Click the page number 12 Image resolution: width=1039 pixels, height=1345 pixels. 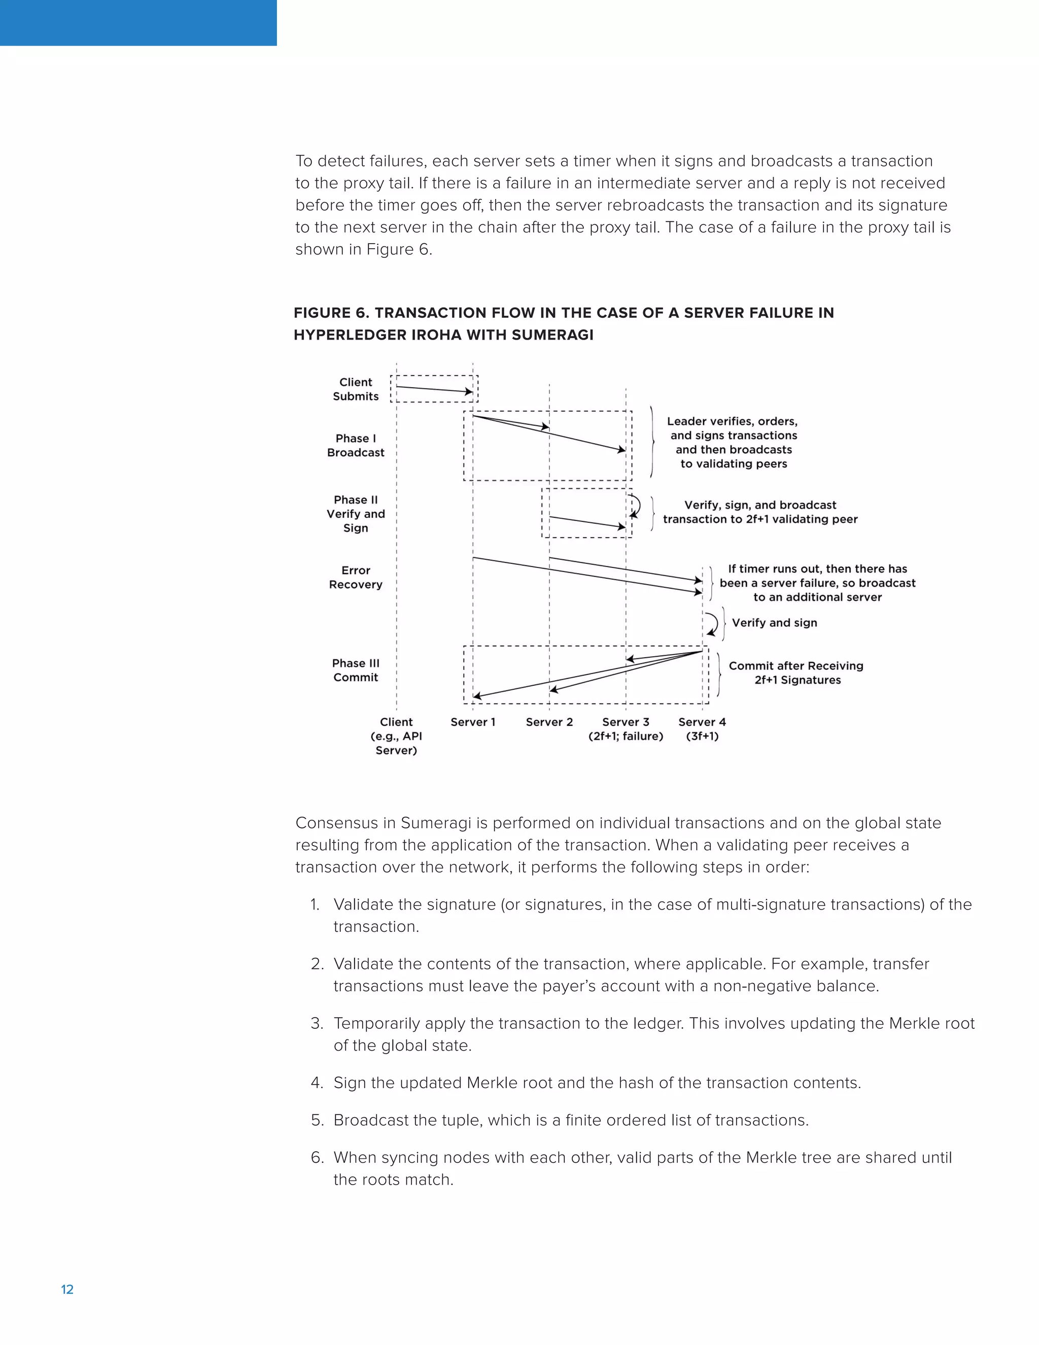pyautogui.click(x=67, y=1290)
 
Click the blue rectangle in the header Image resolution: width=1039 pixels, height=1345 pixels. pyautogui.click(x=138, y=23)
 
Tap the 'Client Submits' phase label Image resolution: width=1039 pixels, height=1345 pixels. pyautogui.click(x=356, y=389)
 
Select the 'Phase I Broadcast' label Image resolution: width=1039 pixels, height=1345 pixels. pyautogui.click(x=356, y=445)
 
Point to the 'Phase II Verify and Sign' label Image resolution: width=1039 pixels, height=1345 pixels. pyautogui.click(x=356, y=514)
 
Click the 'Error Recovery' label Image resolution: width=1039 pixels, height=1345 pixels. pyautogui.click(x=356, y=578)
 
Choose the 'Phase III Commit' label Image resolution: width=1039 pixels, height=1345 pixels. pyautogui.click(x=356, y=670)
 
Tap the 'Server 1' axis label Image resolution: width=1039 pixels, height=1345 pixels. pyautogui.click(x=473, y=722)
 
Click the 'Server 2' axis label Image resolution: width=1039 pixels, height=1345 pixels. pyautogui.click(x=549, y=722)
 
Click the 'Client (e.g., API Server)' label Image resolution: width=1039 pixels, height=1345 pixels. pyautogui.click(x=396, y=736)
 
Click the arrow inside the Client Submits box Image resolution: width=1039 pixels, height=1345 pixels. pyautogui.click(x=434, y=389)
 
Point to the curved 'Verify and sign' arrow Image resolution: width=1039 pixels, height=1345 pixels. pyautogui.click(x=713, y=623)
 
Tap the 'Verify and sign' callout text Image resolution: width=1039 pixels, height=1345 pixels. pyautogui.click(x=774, y=623)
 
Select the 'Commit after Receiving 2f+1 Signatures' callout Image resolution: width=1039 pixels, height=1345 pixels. pyautogui.click(x=796, y=672)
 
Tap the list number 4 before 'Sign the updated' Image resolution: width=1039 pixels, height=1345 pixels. pyautogui.click(x=317, y=1083)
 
